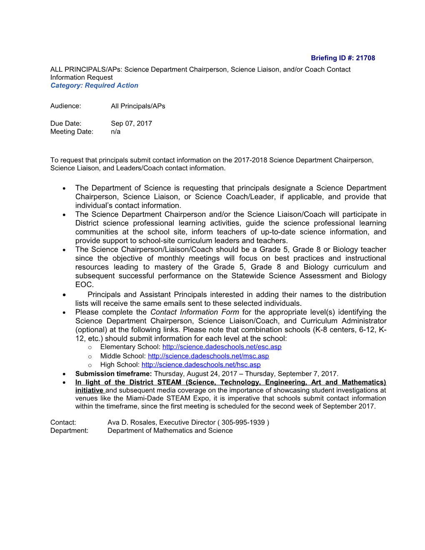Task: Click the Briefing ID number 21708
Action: coord(365,58)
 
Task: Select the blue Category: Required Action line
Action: coord(94,85)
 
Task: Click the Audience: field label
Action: coord(65,106)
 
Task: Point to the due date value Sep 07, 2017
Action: coord(131,123)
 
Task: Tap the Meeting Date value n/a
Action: coord(115,132)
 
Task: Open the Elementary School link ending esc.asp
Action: coord(222,347)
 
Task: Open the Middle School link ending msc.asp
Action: coord(208,356)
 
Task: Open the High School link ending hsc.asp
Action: coord(201,365)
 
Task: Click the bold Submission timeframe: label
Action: coord(113,374)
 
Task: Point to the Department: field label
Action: coord(69,430)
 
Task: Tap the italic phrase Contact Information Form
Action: coord(195,312)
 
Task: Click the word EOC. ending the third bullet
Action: coord(85,285)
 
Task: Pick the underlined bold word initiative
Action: coord(89,390)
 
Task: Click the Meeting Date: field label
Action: coord(72,132)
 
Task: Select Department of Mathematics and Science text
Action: coord(170,430)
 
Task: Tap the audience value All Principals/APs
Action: coord(138,106)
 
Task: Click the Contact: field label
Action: coord(63,422)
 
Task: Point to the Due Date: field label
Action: coord(66,123)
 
